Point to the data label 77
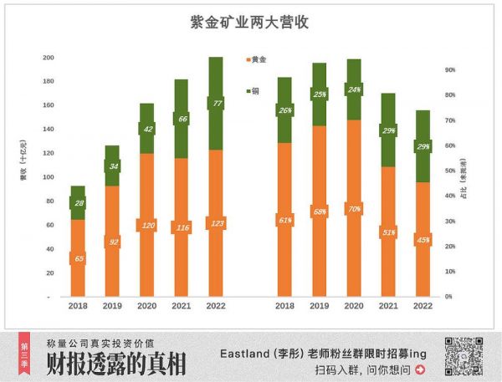216,104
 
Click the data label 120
147,226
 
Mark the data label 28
78,203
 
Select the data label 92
112,242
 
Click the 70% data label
354,208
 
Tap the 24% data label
354,89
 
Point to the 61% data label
285,220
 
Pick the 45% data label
423,240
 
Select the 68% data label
319,211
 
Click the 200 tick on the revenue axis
48,58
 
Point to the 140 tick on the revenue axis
48,130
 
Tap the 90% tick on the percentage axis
449,70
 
